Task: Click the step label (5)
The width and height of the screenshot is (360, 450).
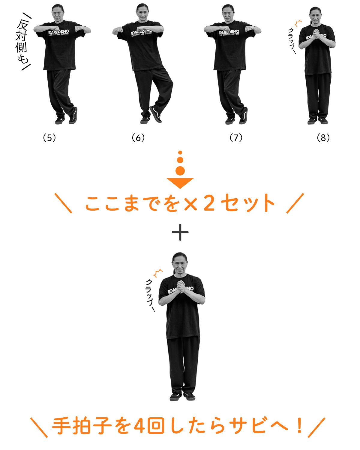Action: pyautogui.click(x=49, y=138)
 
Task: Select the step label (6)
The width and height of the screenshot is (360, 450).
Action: pyautogui.click(x=138, y=138)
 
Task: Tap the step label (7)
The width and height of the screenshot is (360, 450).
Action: pyautogui.click(x=236, y=138)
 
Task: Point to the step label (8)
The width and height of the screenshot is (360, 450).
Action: pyautogui.click(x=323, y=138)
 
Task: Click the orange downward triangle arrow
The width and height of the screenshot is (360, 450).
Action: pyautogui.click(x=180, y=183)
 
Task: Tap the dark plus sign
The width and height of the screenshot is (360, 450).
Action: pyautogui.click(x=180, y=232)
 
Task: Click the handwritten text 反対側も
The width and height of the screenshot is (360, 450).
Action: pyautogui.click(x=22, y=42)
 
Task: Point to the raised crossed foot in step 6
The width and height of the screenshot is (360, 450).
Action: pyautogui.click(x=156, y=114)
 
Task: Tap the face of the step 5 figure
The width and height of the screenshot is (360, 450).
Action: pyautogui.click(x=58, y=14)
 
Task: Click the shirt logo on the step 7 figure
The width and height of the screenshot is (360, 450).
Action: pyautogui.click(x=229, y=33)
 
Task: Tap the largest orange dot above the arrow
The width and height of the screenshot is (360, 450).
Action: pyautogui.click(x=180, y=171)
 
